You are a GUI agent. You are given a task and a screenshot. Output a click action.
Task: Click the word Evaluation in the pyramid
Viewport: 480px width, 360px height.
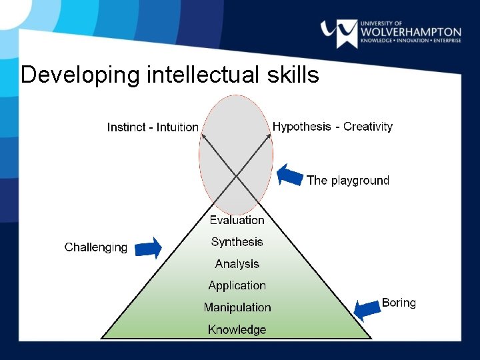pos(237,220)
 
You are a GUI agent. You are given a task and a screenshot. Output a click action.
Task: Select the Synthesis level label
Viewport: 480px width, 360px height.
pos(237,242)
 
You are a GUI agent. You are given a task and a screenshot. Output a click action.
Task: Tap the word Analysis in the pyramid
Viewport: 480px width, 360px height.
pos(237,264)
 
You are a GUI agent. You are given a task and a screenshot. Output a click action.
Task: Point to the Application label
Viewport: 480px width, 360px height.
pos(237,285)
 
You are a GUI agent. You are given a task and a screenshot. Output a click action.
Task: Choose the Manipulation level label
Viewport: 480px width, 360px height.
pos(237,307)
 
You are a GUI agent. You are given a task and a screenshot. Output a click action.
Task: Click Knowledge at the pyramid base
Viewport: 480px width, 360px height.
pos(237,329)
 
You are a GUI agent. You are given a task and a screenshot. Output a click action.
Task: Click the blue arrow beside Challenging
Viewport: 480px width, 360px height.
pos(148,248)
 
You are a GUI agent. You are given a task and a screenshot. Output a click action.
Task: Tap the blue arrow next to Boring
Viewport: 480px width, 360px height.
pos(365,309)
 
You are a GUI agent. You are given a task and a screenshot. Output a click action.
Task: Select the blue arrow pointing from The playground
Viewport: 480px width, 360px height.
pos(289,175)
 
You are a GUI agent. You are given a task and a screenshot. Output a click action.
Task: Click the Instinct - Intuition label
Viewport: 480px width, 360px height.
pos(153,127)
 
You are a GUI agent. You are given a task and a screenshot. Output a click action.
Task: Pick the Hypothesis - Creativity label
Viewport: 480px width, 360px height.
pos(333,127)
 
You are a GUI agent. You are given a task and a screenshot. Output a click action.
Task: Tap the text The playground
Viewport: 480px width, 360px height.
pos(347,180)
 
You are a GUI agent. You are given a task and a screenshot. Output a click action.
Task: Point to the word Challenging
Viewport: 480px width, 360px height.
pos(95,247)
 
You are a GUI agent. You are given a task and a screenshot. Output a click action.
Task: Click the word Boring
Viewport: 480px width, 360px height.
pos(399,303)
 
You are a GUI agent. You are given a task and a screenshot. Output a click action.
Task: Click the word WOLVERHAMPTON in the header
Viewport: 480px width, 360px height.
pos(410,31)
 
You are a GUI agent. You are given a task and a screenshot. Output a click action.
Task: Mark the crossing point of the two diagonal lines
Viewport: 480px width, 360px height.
pos(237,176)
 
